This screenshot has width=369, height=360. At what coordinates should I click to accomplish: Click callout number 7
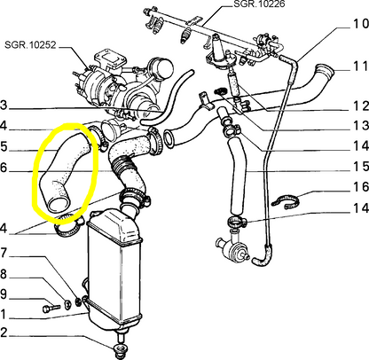pos(5,253)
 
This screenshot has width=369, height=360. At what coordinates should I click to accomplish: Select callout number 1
pos(5,315)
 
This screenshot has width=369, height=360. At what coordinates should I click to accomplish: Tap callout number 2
pos(5,334)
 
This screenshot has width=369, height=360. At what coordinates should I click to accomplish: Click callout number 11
pos(357,67)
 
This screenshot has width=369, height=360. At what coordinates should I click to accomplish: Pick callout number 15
pos(357,191)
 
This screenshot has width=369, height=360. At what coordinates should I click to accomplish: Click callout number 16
pos(357,213)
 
